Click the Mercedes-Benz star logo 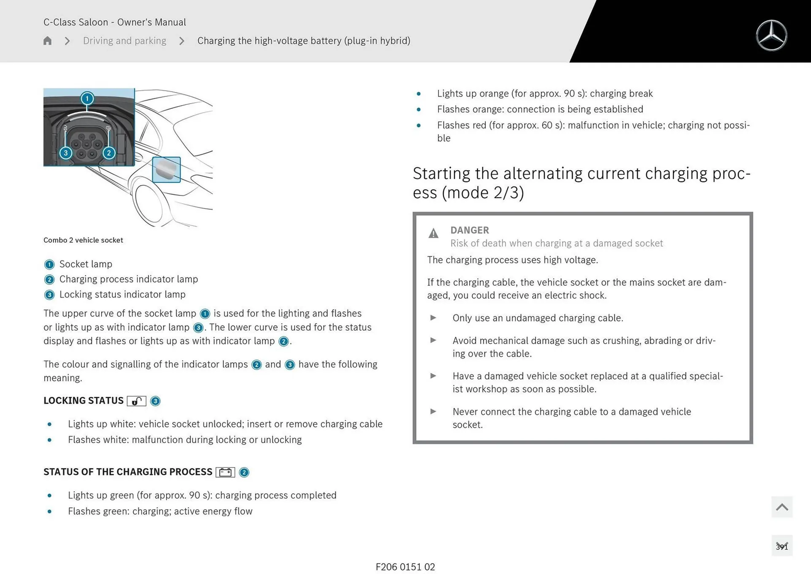771,36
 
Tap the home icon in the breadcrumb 47,41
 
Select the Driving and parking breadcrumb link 125,41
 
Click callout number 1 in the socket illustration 87,98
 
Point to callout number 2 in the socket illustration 109,153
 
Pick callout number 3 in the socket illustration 65,153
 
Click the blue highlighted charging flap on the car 166,169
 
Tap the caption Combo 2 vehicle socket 83,240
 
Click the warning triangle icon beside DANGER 433,233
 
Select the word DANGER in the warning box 469,230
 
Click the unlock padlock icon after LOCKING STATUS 136,401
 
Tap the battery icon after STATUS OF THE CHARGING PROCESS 225,472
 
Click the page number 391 781,546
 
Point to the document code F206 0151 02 405,567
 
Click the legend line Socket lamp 86,264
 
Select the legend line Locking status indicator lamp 122,295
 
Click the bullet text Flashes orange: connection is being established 540,109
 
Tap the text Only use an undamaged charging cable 537,318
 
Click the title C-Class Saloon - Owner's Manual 114,22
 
